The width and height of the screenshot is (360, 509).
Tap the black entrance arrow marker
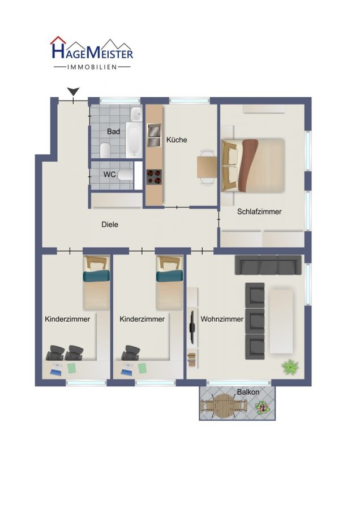point(74,92)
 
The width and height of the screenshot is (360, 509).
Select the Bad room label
point(113,131)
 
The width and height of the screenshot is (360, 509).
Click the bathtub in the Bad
point(134,140)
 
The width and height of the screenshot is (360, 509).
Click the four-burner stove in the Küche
point(154,177)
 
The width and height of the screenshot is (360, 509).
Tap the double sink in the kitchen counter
point(154,135)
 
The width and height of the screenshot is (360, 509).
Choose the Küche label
point(177,140)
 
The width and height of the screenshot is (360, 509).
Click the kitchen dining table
point(207,167)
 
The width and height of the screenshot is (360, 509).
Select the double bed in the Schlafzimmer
point(253,165)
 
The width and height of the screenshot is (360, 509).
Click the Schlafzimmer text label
point(259,212)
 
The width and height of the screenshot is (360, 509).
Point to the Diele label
point(110,225)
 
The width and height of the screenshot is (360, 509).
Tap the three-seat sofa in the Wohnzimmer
point(268,265)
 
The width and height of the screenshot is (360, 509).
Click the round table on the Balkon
point(224,406)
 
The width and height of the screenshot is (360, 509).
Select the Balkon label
point(248,392)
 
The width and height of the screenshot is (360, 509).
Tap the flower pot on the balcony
point(262,408)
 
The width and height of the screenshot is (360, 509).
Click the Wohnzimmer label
point(222,319)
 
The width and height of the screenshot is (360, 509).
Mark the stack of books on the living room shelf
point(192,360)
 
